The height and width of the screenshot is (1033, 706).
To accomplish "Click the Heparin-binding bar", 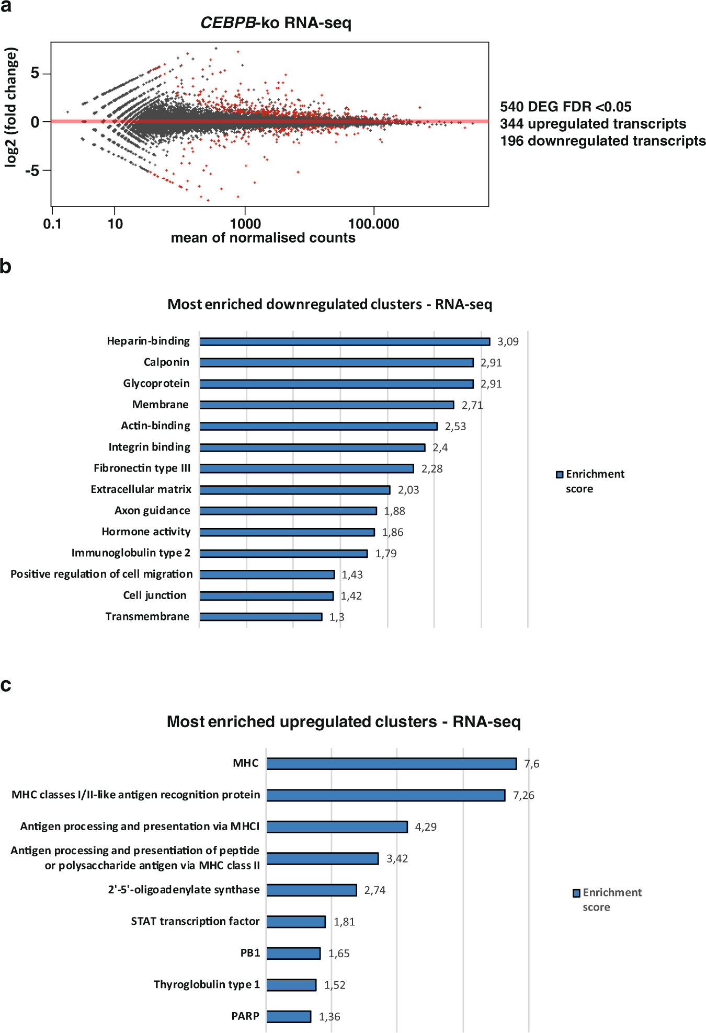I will coord(345,341).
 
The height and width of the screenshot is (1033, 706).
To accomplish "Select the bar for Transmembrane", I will coord(261,617).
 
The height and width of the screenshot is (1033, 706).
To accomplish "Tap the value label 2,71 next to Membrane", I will coord(472,405).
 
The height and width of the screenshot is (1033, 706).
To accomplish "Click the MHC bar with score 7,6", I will coord(391,764).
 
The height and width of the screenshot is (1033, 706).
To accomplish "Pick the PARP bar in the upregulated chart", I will coord(289,1016).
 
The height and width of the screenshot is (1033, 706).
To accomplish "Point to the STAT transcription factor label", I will coord(195,921).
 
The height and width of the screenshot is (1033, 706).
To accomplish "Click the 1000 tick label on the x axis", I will coord(245,224).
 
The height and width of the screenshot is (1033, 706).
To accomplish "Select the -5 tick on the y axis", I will coord(32,170).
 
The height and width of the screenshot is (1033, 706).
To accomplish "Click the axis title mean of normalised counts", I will coord(263,238).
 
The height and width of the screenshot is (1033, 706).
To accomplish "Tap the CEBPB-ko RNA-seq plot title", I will coord(276,23).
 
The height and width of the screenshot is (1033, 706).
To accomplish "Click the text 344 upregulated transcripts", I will coord(593,124).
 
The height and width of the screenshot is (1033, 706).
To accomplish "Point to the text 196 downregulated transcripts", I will coord(602,141).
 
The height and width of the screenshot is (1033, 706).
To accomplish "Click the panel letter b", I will coord(6,267).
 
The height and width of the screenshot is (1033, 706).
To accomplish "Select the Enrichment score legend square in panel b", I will coord(560,474).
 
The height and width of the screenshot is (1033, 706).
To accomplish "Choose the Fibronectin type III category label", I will coord(142,468).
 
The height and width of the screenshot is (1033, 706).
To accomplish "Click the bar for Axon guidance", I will coord(288,511).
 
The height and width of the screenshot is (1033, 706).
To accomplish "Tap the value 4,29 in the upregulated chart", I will coord(426,827).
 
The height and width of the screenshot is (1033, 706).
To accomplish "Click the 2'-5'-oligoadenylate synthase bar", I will coord(312,890).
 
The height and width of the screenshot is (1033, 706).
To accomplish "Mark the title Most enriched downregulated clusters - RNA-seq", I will coord(329,304).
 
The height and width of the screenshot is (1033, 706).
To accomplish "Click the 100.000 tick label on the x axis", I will coord(373,224).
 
